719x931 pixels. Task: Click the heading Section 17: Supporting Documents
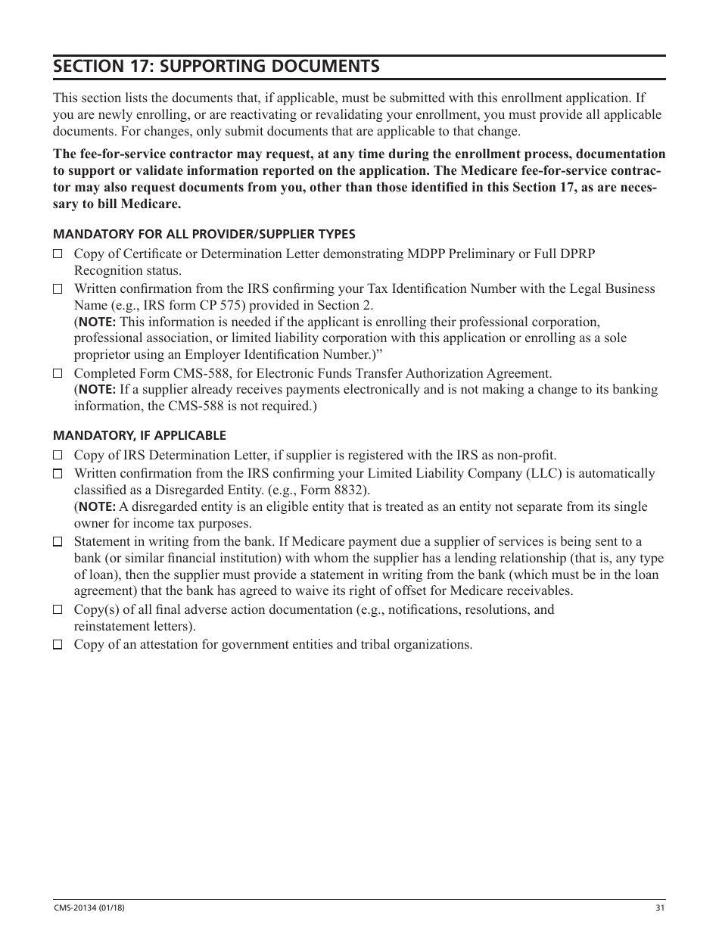click(x=216, y=67)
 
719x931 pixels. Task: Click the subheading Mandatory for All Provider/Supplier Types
click(x=204, y=235)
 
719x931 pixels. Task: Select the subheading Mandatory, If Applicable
click(x=139, y=436)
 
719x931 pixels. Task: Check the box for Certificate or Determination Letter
click(x=58, y=254)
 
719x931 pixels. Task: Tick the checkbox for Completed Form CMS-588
click(x=58, y=374)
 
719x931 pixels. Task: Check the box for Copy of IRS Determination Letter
click(x=58, y=456)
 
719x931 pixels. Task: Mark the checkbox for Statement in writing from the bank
click(x=58, y=542)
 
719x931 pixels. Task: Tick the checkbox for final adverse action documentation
click(x=58, y=610)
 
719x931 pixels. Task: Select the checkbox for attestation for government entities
click(x=58, y=645)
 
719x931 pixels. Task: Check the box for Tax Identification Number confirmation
click(x=58, y=289)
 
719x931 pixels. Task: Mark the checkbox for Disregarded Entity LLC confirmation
click(x=58, y=474)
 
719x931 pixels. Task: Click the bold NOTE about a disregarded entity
click(x=96, y=507)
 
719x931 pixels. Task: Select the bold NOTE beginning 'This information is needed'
click(x=96, y=322)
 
